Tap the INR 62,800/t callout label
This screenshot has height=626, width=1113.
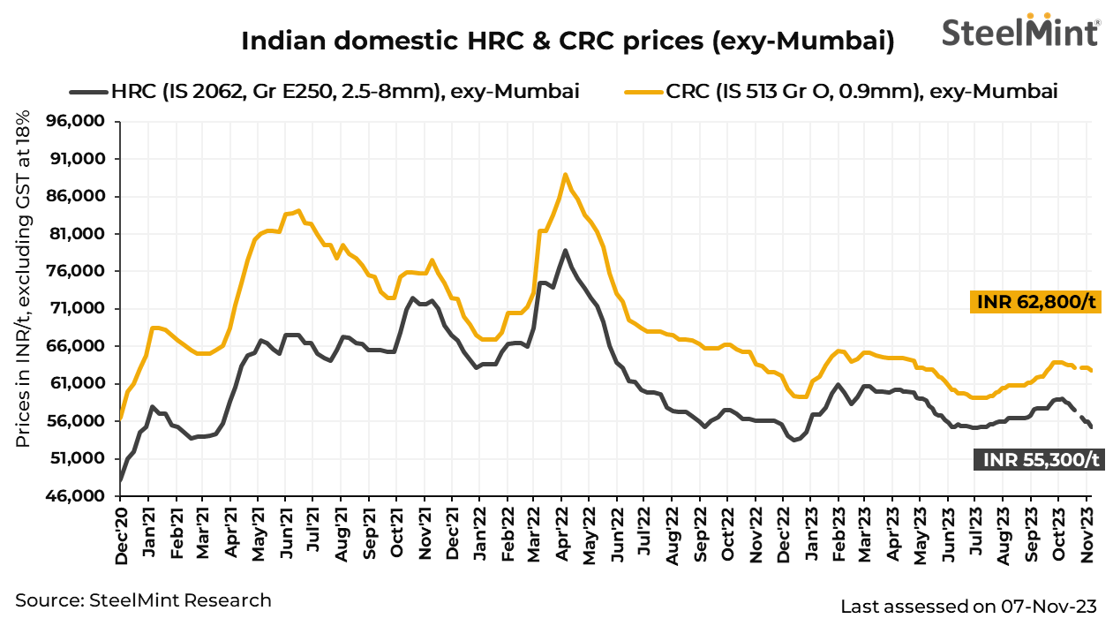click(x=1036, y=302)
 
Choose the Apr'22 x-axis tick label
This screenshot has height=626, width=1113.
click(x=563, y=533)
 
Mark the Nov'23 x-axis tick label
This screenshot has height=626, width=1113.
click(x=1088, y=533)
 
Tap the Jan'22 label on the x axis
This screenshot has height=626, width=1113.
click(x=480, y=533)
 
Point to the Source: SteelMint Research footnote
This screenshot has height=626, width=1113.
click(x=143, y=600)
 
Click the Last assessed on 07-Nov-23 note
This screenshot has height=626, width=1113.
click(x=968, y=607)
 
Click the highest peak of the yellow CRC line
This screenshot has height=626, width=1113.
click(x=565, y=174)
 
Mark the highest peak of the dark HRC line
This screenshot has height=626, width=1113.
click(x=565, y=250)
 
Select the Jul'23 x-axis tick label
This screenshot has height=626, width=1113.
click(x=976, y=533)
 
